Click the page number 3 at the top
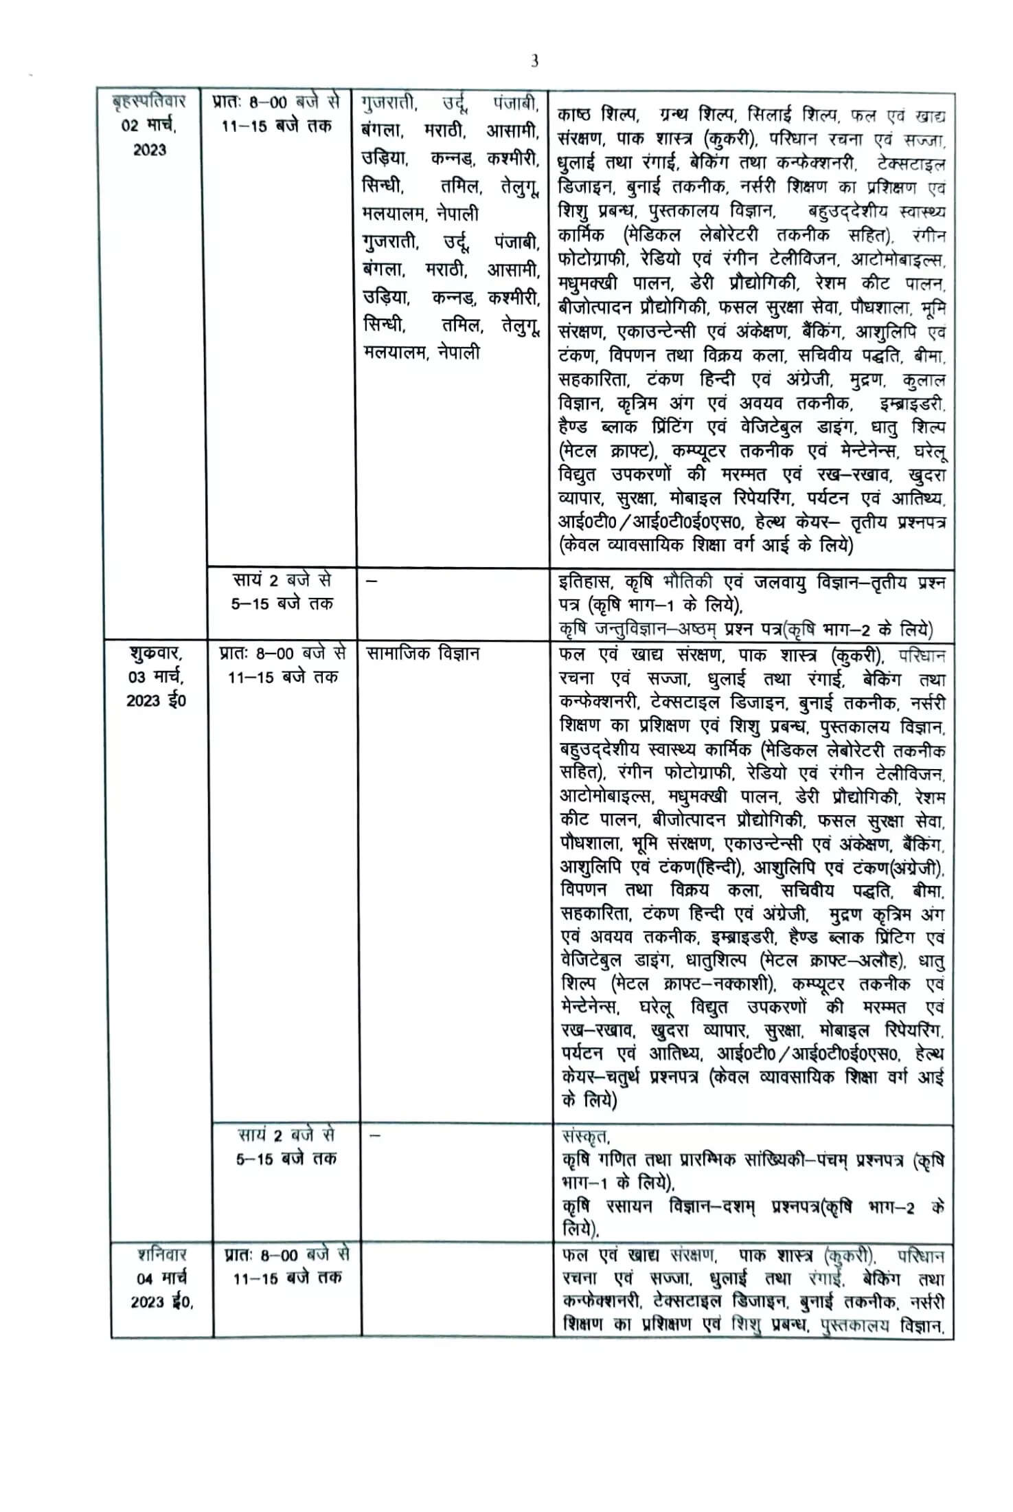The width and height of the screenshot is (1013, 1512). [534, 61]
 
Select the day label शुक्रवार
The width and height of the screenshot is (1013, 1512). [155, 652]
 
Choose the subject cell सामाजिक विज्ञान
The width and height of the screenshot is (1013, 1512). [422, 653]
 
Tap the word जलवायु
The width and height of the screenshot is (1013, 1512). [783, 582]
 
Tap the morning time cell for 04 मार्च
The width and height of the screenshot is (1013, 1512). [286, 1266]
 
